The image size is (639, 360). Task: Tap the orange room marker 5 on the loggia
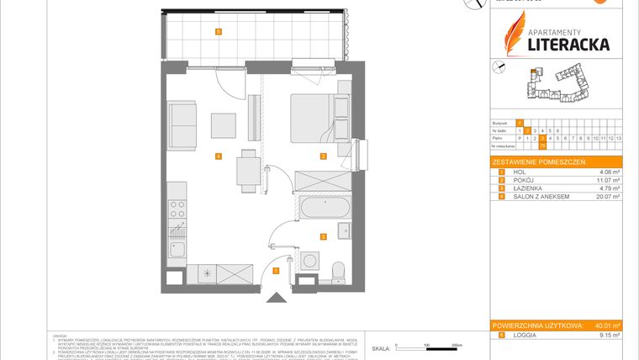pyautogui.click(x=219, y=32)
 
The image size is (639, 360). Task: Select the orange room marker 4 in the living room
pyautogui.click(x=218, y=156)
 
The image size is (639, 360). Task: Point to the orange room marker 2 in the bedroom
pyautogui.click(x=323, y=156)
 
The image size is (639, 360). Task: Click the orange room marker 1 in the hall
pyautogui.click(x=277, y=270)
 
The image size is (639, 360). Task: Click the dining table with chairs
pyautogui.click(x=246, y=167)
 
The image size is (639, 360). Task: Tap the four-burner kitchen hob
pyautogui.click(x=177, y=207)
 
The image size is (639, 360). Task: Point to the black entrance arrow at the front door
pyautogui.click(x=276, y=298)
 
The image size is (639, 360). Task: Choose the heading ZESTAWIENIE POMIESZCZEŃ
pyautogui.click(x=540, y=161)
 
